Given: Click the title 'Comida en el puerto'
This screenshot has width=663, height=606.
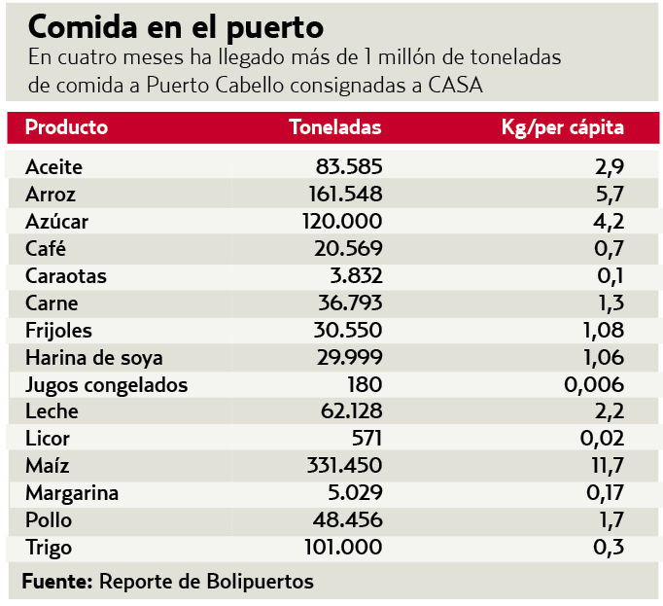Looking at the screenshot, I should pos(176,24).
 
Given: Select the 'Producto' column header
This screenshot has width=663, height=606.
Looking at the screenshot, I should pos(66,127).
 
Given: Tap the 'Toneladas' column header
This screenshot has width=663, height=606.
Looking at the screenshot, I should pos(335,127).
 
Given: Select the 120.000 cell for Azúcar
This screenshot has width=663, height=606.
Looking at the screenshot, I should pos(342,221).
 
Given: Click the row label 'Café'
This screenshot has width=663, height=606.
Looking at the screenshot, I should pos(46,248).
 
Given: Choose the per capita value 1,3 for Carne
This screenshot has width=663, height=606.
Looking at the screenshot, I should pos(610,303).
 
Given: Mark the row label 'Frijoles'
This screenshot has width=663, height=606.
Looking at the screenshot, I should pos(58,330).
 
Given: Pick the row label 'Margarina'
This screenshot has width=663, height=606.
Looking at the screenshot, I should pos(72,493).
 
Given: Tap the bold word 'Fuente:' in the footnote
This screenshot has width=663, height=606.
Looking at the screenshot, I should pos(56,582).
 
